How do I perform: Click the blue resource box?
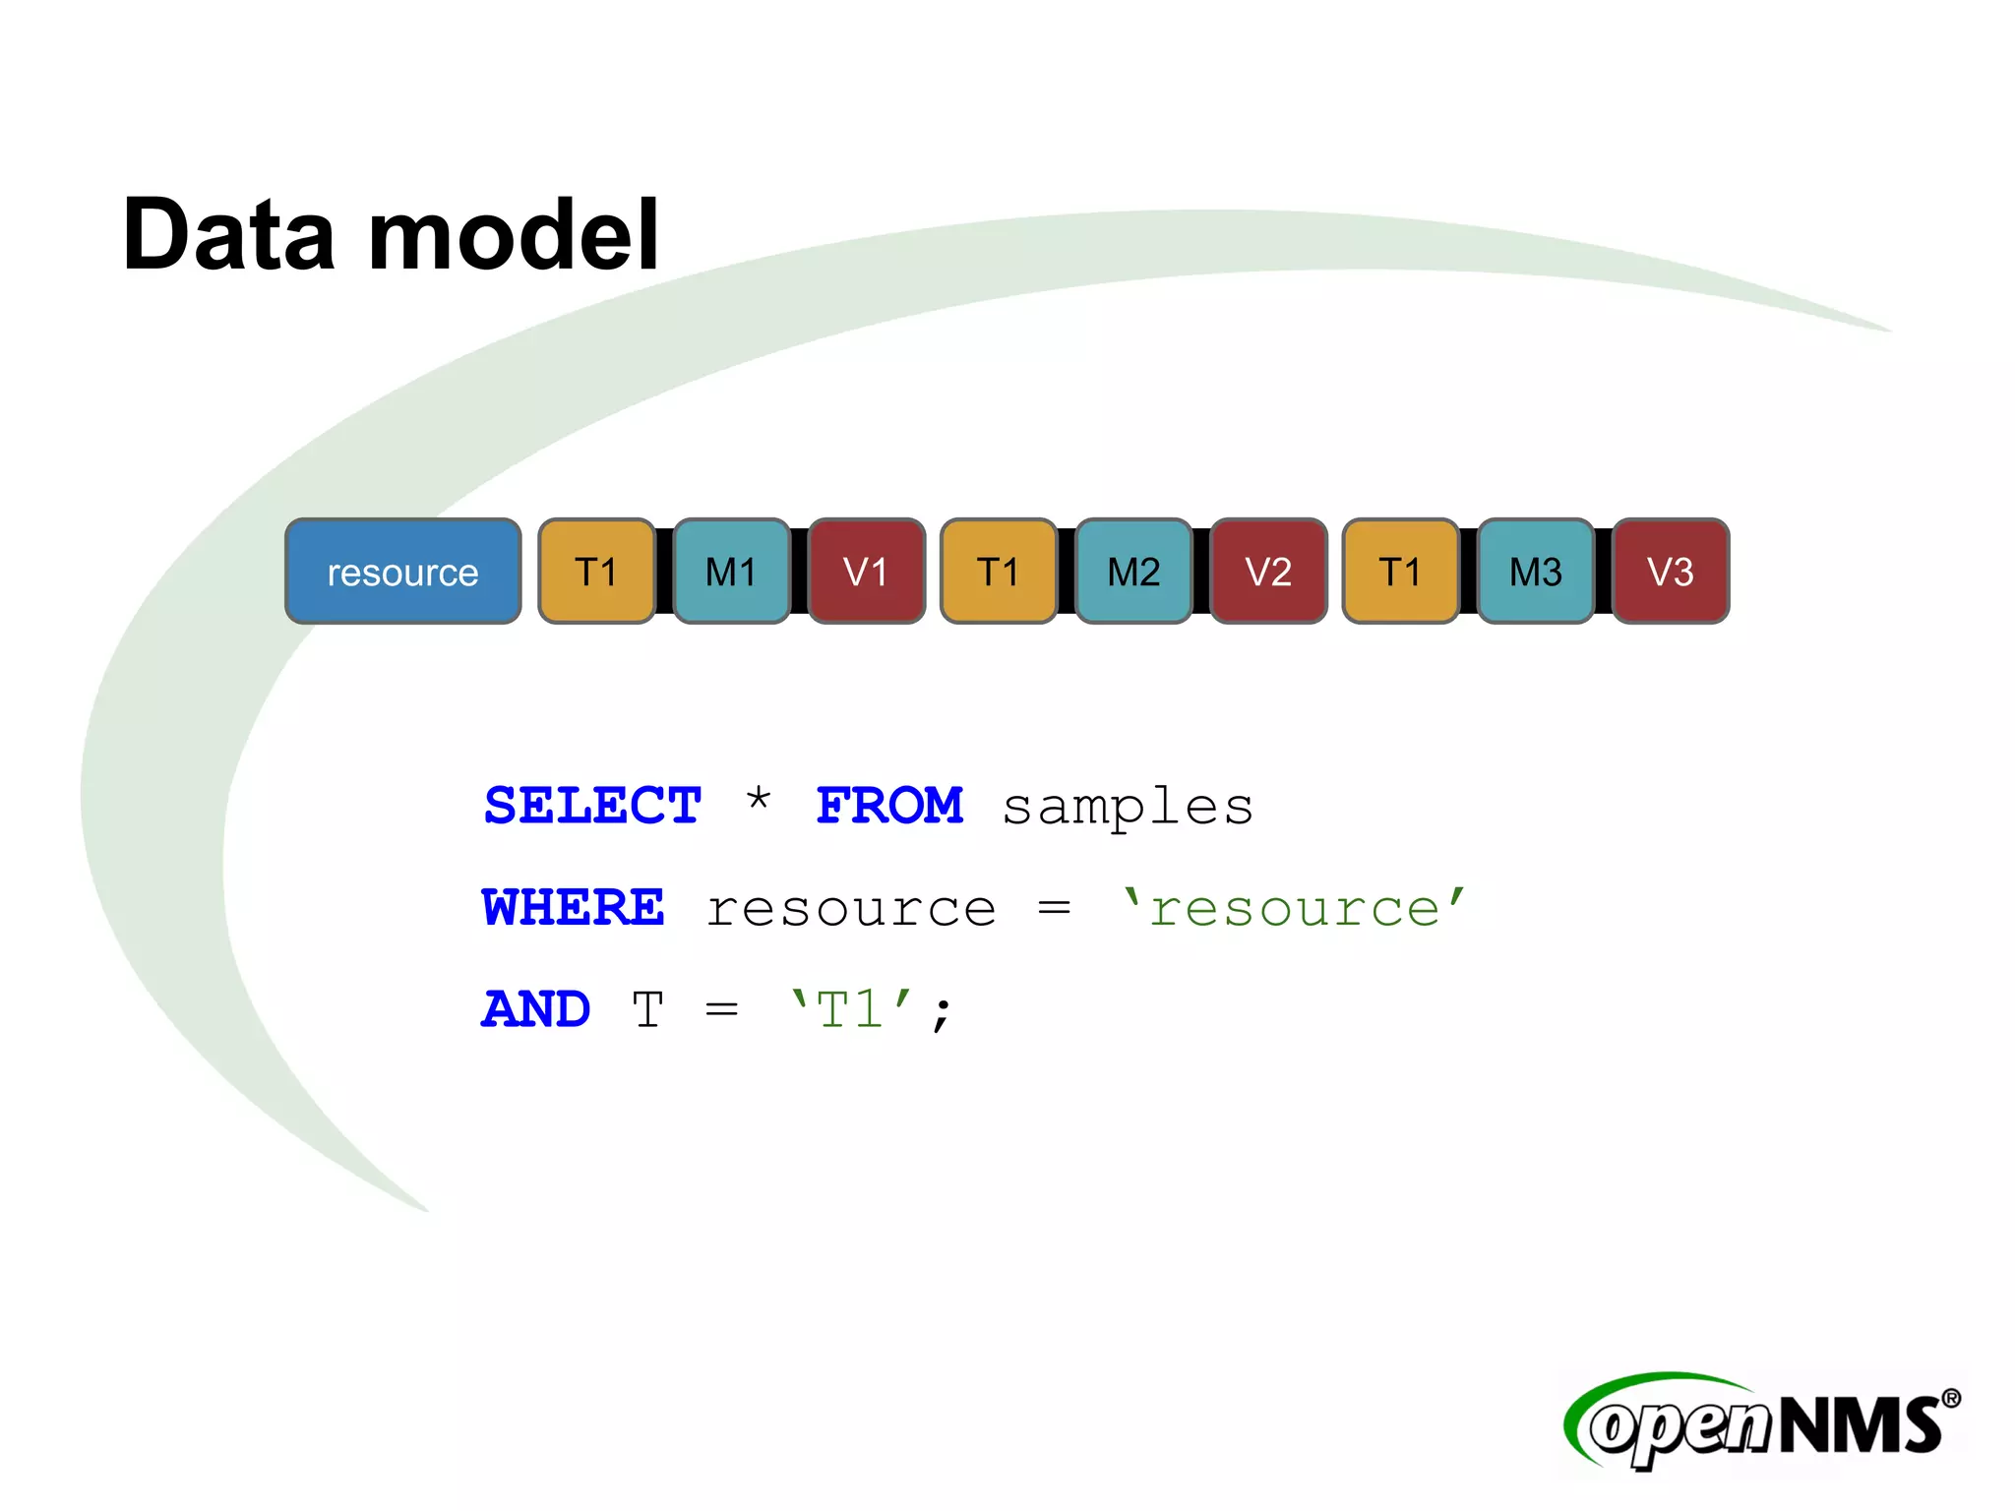click(x=402, y=572)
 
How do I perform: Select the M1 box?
click(x=731, y=572)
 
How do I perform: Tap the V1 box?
click(x=866, y=572)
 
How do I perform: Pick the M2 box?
click(x=1133, y=572)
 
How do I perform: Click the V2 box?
click(x=1268, y=572)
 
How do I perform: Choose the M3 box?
click(x=1535, y=572)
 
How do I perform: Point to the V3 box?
click(x=1670, y=572)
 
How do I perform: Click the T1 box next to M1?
click(x=596, y=572)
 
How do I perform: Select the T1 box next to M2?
click(x=999, y=572)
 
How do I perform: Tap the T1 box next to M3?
click(x=1400, y=572)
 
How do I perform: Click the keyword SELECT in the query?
click(x=592, y=806)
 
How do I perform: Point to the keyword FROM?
click(x=889, y=806)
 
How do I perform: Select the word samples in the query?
click(x=1128, y=809)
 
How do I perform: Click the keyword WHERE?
click(x=573, y=907)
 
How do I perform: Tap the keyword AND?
click(x=536, y=1009)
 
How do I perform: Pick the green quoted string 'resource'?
click(x=1294, y=907)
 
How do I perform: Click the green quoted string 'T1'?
click(x=852, y=1009)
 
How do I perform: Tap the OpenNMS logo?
click(x=1761, y=1422)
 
